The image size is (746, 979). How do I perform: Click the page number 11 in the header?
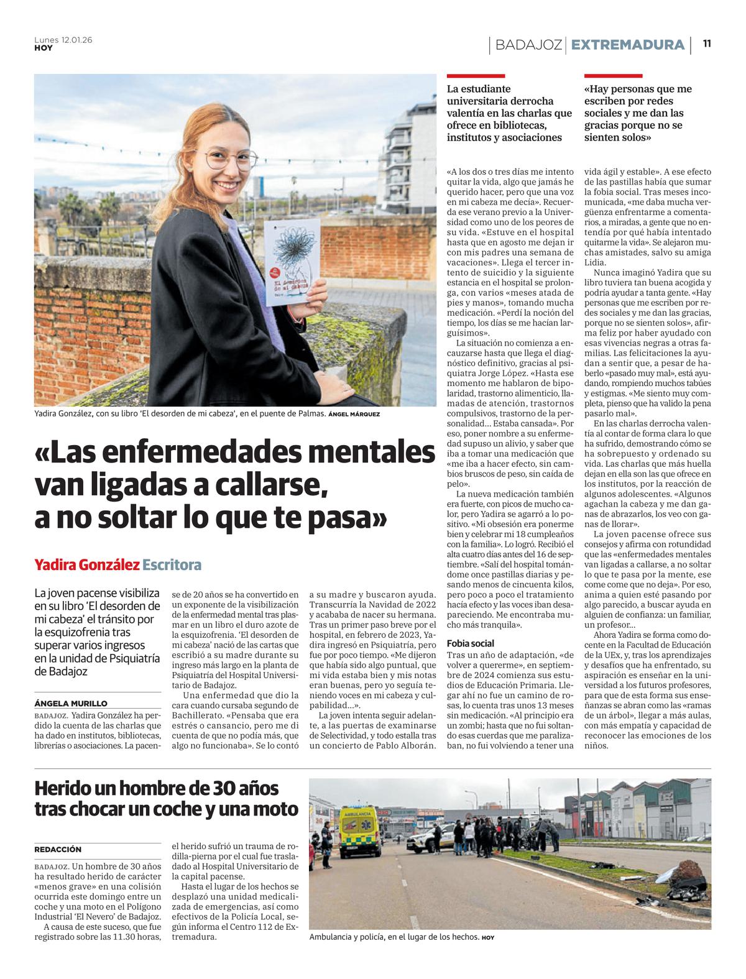point(707,44)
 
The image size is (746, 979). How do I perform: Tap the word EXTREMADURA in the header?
point(627,45)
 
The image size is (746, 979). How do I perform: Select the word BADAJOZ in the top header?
point(528,45)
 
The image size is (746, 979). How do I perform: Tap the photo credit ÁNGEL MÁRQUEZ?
point(354,414)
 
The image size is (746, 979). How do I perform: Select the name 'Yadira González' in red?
point(86,565)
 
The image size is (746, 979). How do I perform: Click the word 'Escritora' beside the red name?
point(172,565)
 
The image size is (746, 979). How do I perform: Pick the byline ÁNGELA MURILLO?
point(71,704)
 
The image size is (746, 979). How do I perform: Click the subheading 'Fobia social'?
point(470,643)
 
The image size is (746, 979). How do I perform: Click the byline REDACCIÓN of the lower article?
point(58,849)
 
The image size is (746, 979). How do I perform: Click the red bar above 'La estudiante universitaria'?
point(476,76)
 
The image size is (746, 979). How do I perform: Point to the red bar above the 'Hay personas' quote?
point(612,76)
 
